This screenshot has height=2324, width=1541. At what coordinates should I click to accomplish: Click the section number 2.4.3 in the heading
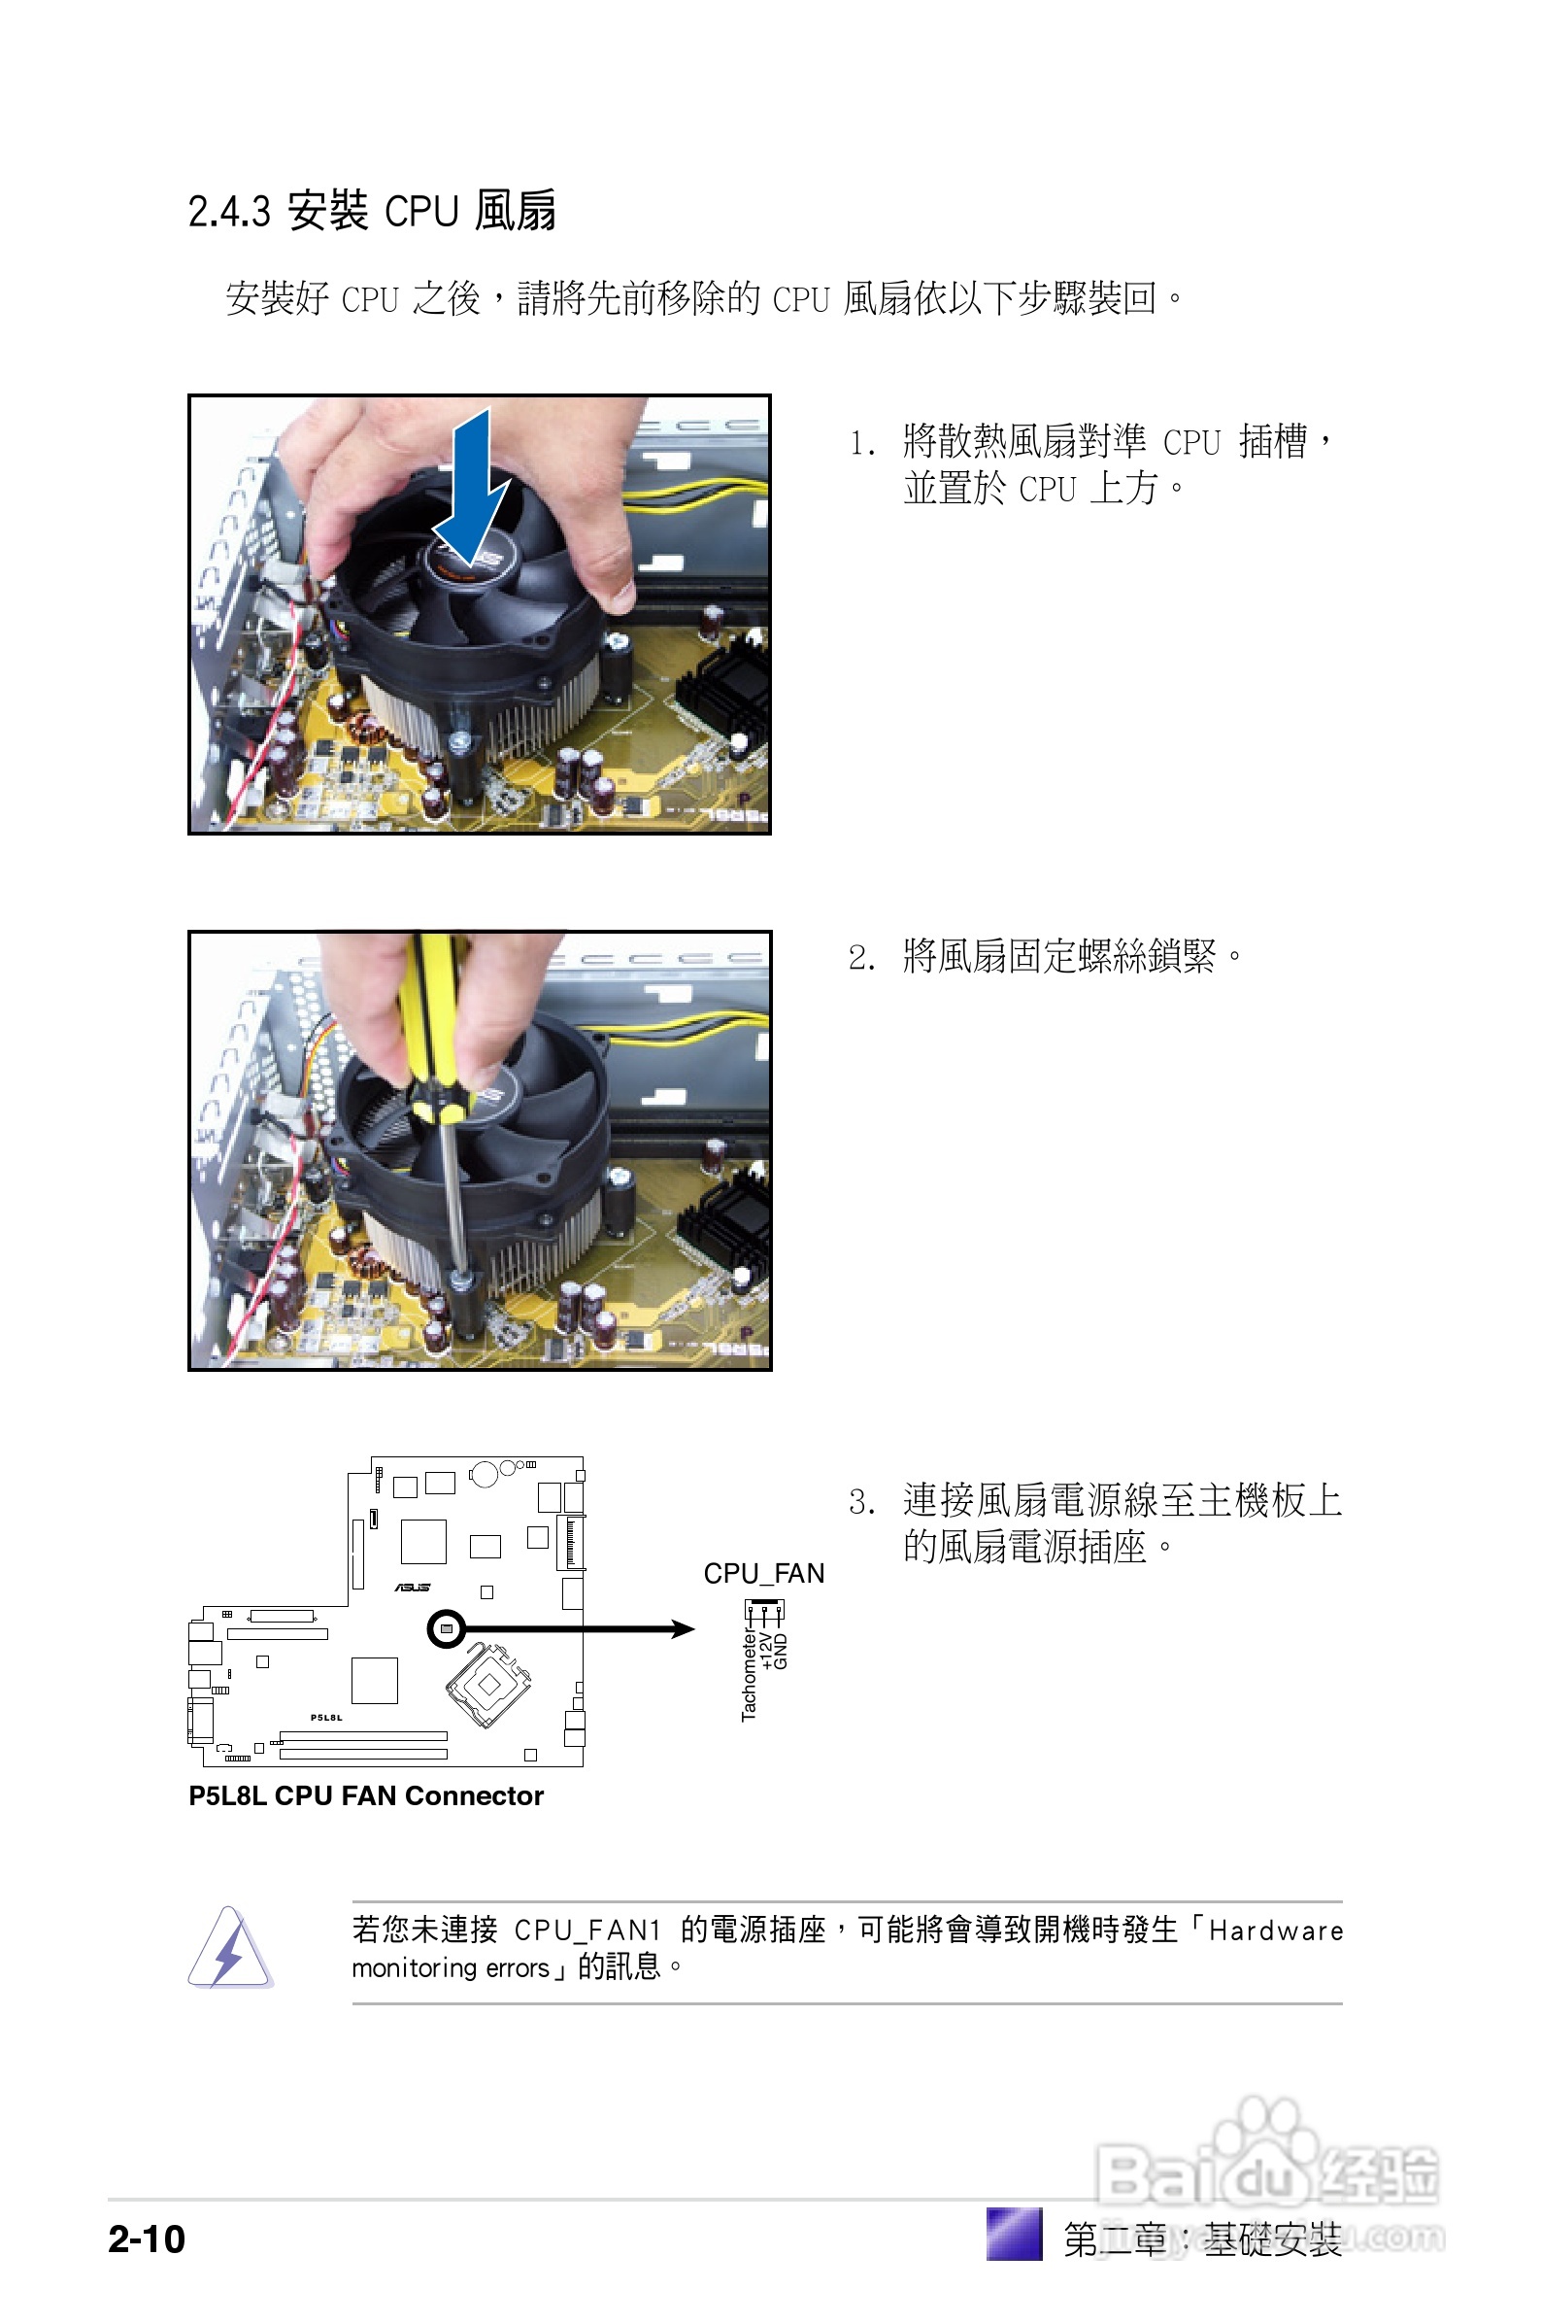228,212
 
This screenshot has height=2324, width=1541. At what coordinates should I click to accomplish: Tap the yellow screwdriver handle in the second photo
431,1022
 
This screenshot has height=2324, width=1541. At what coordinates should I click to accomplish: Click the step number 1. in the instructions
862,443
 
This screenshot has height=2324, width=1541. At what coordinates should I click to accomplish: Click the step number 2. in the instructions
862,958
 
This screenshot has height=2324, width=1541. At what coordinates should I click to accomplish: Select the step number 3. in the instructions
862,1502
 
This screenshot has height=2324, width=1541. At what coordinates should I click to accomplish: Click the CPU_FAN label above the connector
763,1574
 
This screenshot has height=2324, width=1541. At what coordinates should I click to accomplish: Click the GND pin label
782,1652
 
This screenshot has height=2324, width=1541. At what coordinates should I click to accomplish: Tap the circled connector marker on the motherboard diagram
447,1629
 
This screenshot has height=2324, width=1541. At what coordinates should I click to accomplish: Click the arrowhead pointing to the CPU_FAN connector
683,1629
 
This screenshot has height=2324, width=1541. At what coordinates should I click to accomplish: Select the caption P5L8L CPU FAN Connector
366,1795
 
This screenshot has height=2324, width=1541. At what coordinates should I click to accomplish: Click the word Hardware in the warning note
1275,1931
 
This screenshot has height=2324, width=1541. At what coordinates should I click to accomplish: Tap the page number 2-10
147,2239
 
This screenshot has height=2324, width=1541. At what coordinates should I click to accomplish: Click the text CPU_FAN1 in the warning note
586,1931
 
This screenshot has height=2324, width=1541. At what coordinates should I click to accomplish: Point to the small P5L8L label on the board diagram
326,1718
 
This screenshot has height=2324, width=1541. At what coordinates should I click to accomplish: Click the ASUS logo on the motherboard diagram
412,1587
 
